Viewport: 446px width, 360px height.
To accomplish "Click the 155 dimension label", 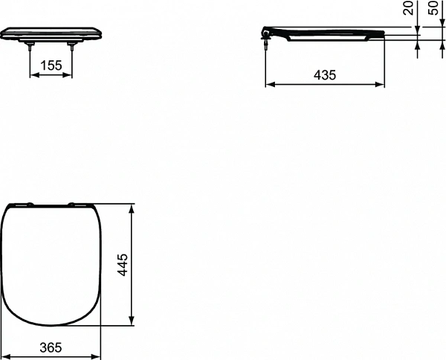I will (x=51, y=65).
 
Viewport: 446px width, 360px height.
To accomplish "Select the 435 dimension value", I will (x=325, y=74).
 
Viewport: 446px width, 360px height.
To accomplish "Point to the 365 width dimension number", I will (x=50, y=347).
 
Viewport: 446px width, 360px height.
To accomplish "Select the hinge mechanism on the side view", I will (x=265, y=34).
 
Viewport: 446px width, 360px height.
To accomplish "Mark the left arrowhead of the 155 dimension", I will (x=32, y=75).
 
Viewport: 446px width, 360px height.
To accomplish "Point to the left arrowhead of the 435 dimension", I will (x=268, y=85).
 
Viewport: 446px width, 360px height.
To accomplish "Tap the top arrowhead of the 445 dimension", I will (x=132, y=206).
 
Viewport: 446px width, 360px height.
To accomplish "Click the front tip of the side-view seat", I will (x=383, y=33).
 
